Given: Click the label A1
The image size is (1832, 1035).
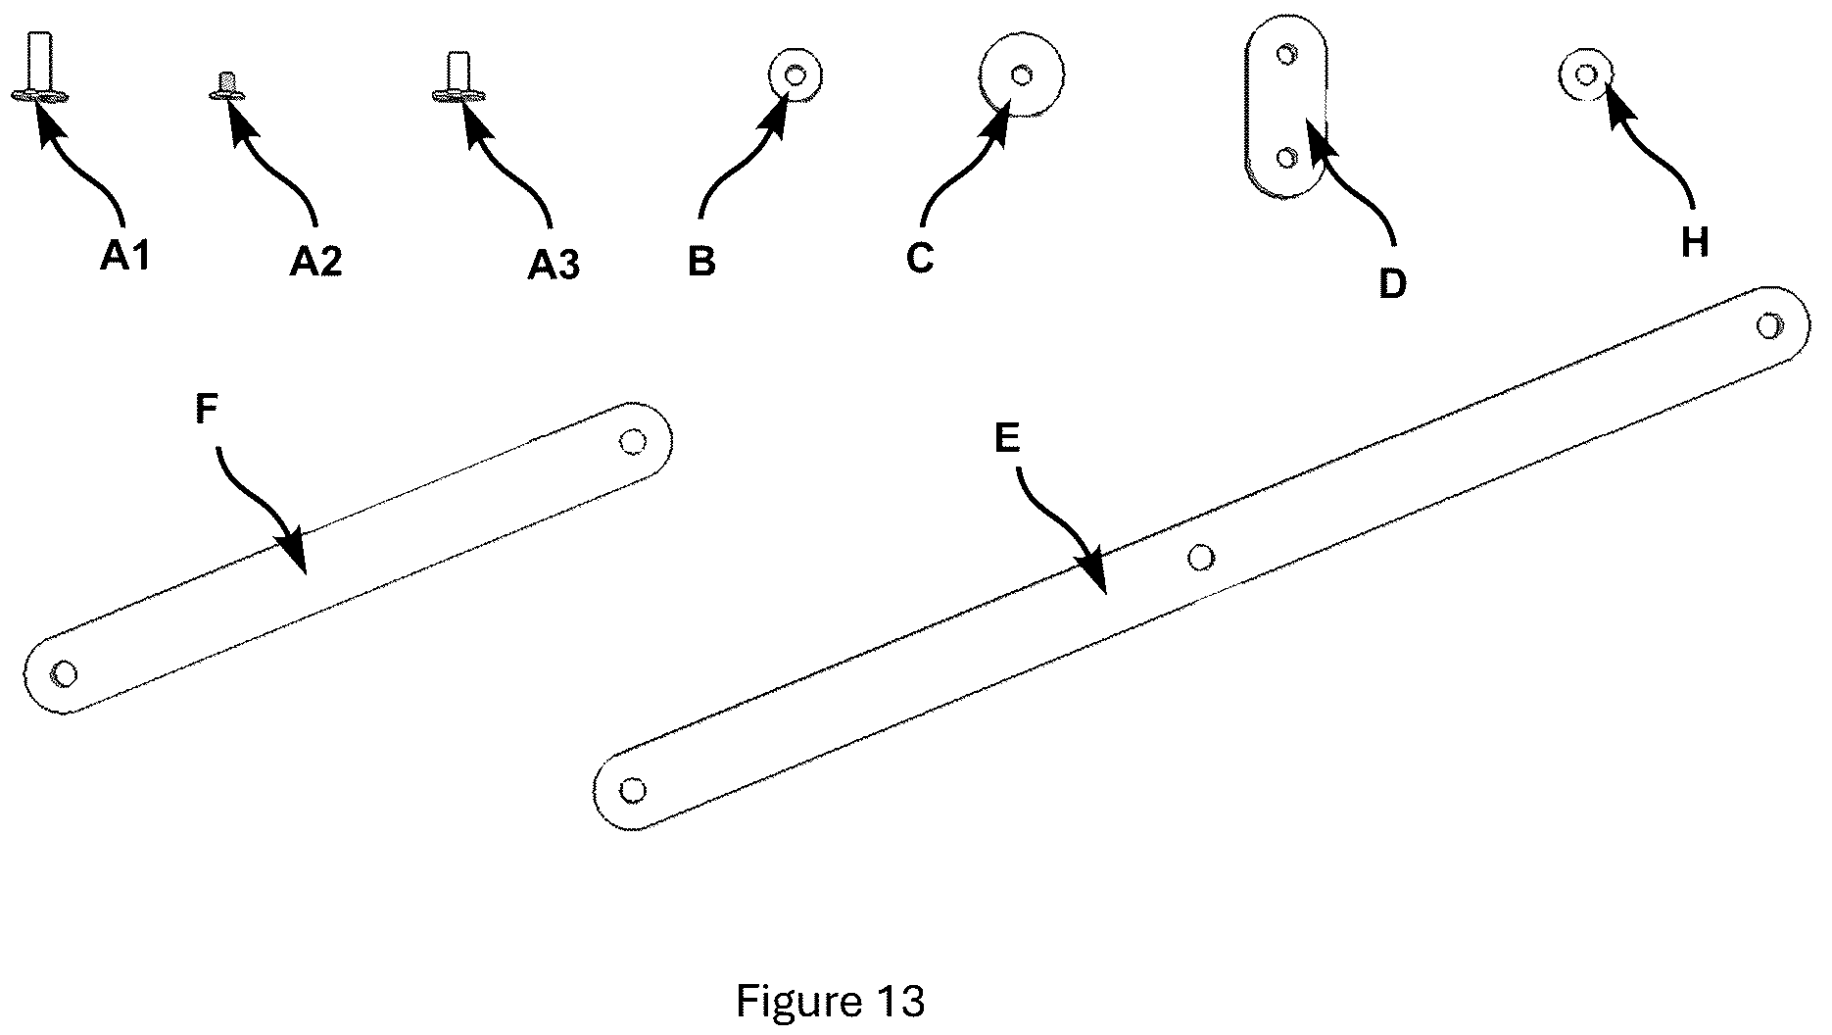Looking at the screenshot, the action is [x=125, y=257].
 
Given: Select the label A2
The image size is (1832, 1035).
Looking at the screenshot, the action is [x=316, y=262].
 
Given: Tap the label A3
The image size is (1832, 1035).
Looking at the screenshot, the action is [x=554, y=265].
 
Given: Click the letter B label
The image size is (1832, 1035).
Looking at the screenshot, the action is [x=701, y=263].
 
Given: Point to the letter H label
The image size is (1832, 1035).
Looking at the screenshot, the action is [x=1695, y=241].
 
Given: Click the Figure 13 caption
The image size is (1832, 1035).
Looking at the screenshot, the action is [x=830, y=1002].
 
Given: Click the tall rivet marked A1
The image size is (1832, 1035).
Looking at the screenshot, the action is [x=40, y=66].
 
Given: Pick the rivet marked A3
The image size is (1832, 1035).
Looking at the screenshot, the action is [x=458, y=76].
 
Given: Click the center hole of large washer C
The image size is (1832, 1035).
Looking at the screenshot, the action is [x=1022, y=74].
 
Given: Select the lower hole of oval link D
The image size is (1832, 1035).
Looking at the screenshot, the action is [x=1288, y=157].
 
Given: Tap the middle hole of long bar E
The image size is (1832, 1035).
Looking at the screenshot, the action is [x=1201, y=559].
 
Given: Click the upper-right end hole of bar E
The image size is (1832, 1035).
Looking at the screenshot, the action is [x=1769, y=325].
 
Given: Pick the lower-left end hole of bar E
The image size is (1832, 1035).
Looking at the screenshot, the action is [x=633, y=790].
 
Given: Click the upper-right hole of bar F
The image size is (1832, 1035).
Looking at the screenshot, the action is [x=633, y=442].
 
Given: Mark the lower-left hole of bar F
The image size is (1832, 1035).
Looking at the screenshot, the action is [x=65, y=674].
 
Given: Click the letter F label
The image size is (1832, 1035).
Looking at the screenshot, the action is [x=206, y=410].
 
